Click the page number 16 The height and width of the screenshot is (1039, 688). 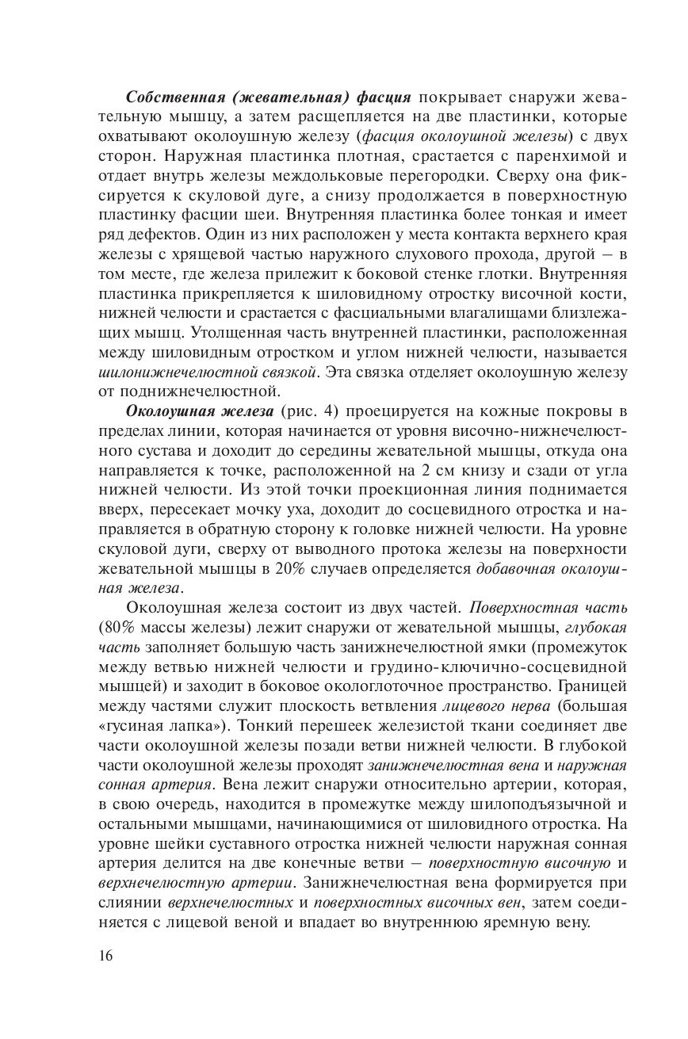point(106,955)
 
